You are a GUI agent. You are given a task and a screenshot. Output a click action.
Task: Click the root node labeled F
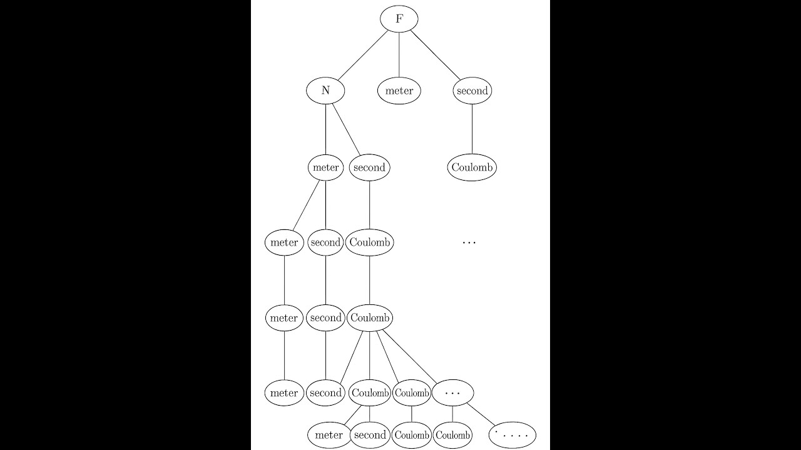click(x=399, y=19)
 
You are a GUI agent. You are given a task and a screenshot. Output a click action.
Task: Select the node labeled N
click(x=325, y=91)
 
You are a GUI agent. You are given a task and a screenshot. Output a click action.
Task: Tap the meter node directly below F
click(x=399, y=91)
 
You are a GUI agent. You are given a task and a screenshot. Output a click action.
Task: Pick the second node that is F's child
click(x=472, y=91)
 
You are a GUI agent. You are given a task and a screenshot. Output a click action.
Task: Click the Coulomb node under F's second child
click(x=472, y=167)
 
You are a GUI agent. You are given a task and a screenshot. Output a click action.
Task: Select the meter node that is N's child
click(x=325, y=167)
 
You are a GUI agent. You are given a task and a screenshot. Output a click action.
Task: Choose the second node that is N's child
click(x=369, y=167)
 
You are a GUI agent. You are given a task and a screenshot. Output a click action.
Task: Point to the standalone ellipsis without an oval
click(x=469, y=243)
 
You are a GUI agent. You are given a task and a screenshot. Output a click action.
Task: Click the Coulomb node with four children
click(x=370, y=318)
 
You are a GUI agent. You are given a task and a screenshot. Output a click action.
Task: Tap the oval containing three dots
click(x=452, y=393)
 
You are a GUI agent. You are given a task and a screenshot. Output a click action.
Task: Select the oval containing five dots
click(x=513, y=435)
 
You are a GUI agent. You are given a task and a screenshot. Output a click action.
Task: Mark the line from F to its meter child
click(x=399, y=54)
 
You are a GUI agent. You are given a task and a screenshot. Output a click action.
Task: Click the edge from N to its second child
click(x=347, y=129)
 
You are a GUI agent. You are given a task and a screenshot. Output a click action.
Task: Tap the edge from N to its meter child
click(x=325, y=129)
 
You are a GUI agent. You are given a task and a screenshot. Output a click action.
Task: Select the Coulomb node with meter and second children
click(x=370, y=393)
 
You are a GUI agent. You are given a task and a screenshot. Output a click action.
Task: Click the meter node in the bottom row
click(x=329, y=435)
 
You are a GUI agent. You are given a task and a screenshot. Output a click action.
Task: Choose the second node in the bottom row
click(x=370, y=435)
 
